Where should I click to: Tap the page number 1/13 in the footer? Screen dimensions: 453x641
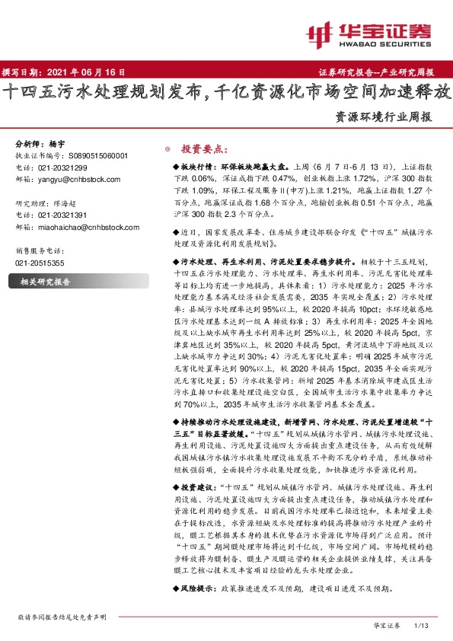420,625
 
